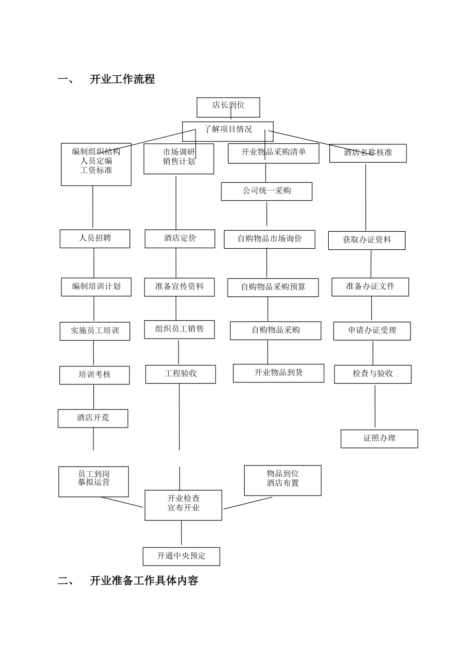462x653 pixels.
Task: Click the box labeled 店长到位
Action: tap(228, 107)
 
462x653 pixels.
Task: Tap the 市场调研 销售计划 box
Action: tap(179, 158)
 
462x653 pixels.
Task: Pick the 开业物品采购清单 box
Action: tap(274, 153)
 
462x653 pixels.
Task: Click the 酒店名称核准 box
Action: tap(368, 153)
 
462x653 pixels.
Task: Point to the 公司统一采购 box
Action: tap(267, 191)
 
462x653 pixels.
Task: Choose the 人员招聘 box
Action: tap(95, 239)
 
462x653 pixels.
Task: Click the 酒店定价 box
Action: tap(180, 239)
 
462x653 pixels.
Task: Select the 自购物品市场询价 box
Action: tap(269, 239)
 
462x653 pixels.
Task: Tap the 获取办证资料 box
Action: tap(367, 241)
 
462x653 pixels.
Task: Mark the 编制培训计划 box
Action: tap(96, 287)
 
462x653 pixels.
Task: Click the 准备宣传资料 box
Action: tap(179, 287)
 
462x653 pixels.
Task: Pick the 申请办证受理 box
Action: tap(372, 331)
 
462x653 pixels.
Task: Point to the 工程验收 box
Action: tap(180, 374)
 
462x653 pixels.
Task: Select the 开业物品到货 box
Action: tap(278, 373)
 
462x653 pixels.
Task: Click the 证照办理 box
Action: tap(379, 439)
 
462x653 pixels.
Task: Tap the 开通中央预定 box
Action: tap(181, 556)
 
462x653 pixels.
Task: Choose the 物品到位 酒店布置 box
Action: tap(283, 480)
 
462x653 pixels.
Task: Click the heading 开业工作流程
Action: tap(122, 79)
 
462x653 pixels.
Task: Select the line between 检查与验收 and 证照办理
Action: tap(375, 407)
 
